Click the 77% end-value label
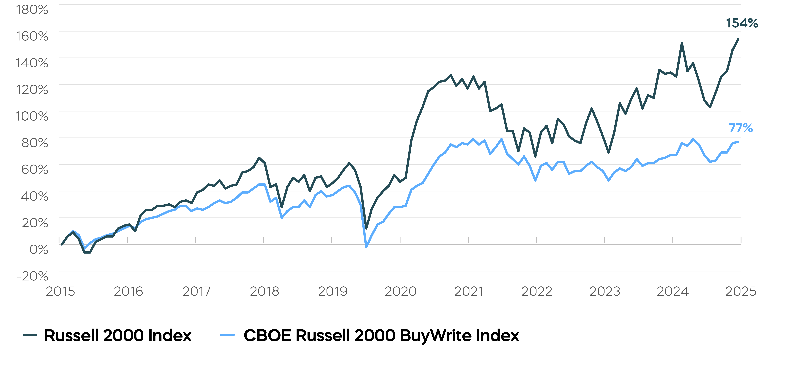point(741,128)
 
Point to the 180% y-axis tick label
point(32,10)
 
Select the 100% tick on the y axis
point(32,116)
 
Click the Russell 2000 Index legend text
point(118,335)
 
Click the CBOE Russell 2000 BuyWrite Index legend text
point(381,335)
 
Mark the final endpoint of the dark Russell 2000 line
point(738,39)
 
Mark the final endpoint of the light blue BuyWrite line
point(738,142)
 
